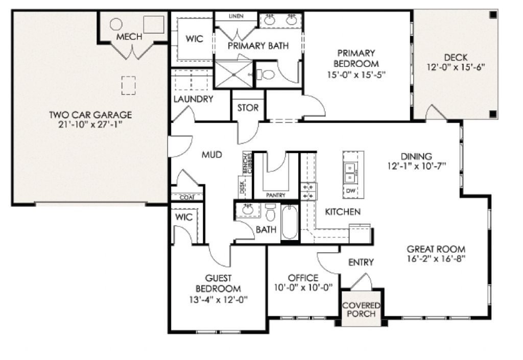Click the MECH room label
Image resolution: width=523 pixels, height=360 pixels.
coord(129,37)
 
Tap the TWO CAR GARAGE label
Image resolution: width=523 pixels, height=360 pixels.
coord(90,115)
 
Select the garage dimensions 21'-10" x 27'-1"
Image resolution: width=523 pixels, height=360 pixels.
coord(90,125)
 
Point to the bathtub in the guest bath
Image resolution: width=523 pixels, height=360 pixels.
coord(289,222)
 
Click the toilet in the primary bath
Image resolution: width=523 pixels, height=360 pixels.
coord(267,75)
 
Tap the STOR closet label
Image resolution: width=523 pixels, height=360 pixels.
coord(248,108)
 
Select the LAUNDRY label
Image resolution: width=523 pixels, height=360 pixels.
coord(193,99)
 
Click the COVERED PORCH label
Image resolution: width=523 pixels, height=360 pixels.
coord(361,309)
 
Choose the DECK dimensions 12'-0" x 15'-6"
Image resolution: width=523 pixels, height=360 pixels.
coord(455,67)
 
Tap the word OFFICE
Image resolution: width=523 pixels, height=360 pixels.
coord(303,278)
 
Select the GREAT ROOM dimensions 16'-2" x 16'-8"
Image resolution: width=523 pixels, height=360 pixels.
coord(436,258)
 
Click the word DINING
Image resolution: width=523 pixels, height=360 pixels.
coord(416,156)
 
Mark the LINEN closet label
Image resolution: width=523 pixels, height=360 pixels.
coord(235,16)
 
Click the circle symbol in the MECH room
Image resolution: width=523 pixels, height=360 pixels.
coord(116,23)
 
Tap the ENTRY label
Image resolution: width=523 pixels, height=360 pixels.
coord(361,262)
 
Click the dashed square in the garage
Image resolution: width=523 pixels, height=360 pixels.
coord(128,85)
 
